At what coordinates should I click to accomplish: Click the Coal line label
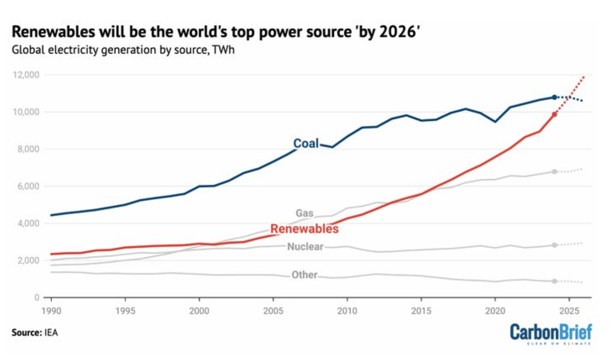click(x=306, y=144)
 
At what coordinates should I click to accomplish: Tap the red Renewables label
click(x=304, y=229)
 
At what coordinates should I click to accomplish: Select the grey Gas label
click(x=304, y=213)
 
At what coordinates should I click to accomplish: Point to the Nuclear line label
click(x=305, y=246)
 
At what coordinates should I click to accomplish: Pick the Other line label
click(x=304, y=275)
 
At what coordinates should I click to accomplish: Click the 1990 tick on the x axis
click(x=51, y=311)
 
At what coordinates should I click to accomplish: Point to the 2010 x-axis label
click(x=347, y=311)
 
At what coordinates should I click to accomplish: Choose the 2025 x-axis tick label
click(x=569, y=311)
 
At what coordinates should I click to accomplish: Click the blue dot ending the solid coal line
click(x=554, y=97)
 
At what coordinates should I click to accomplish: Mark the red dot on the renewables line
click(x=554, y=114)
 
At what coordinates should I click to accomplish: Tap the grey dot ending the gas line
click(x=554, y=172)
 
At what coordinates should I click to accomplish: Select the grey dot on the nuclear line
click(x=554, y=245)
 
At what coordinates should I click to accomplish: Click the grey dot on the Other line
click(x=554, y=281)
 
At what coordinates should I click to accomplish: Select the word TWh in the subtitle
click(x=223, y=50)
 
